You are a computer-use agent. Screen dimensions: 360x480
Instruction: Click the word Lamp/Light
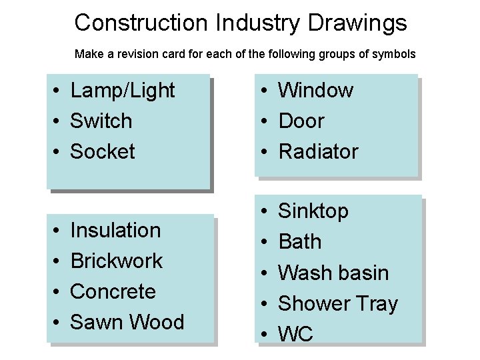click(122, 90)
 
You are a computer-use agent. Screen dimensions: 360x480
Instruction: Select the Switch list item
click(101, 121)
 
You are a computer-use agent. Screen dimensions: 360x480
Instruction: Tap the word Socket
click(102, 151)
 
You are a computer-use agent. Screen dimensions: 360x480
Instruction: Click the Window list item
click(315, 90)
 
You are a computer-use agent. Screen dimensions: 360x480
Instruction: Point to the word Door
click(301, 121)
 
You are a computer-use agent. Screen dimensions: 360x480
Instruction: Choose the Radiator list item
click(318, 151)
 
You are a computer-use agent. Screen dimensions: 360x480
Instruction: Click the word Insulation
click(115, 230)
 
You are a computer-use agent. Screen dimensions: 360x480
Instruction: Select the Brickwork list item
click(116, 261)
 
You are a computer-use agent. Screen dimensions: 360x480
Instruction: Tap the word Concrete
click(113, 291)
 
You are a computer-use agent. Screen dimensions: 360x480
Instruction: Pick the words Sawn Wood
click(127, 322)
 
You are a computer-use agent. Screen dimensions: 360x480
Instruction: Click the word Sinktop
click(313, 211)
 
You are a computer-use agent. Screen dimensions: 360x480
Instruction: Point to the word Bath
click(299, 242)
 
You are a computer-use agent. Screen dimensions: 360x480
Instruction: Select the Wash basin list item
click(333, 273)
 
